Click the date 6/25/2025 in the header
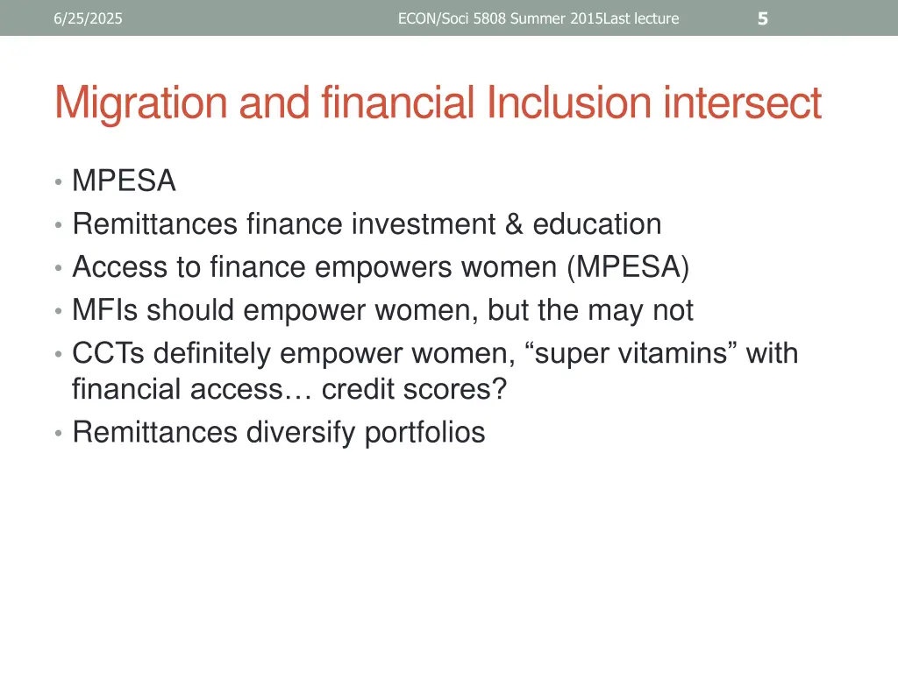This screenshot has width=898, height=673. click(x=88, y=18)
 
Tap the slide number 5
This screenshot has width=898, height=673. click(x=762, y=18)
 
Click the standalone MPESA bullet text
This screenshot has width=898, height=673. click(x=124, y=181)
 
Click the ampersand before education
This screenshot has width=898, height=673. click(x=513, y=224)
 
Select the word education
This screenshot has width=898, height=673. click(x=596, y=224)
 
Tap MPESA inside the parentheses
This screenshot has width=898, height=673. click(x=628, y=267)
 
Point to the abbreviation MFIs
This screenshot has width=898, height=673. click(x=105, y=310)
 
